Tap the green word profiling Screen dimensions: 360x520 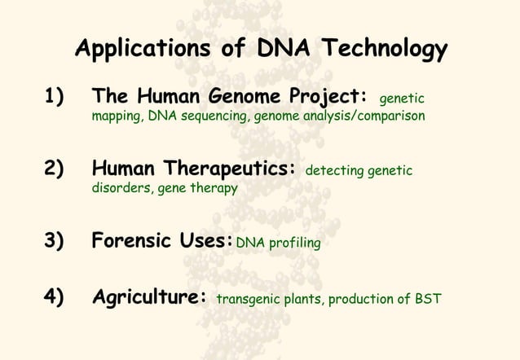tap(293, 243)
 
